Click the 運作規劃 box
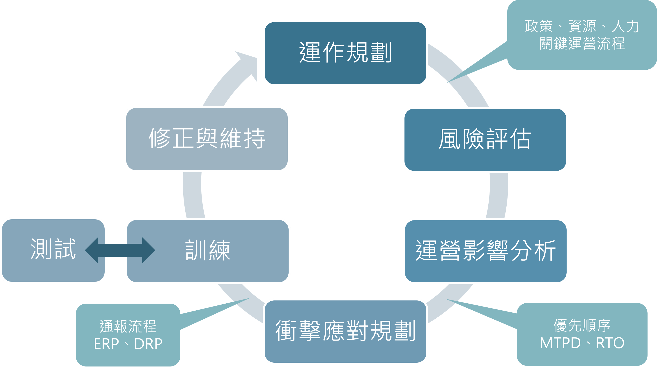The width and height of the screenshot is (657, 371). (345, 53)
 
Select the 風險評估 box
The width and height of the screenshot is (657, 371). (485, 140)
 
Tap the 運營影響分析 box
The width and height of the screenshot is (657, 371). (486, 251)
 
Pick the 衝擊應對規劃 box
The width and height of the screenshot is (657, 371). (345, 331)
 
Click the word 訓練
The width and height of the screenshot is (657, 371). (208, 250)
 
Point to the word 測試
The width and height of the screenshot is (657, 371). (53, 249)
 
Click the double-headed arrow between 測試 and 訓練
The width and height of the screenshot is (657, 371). (120, 250)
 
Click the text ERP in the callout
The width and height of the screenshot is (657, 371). (106, 344)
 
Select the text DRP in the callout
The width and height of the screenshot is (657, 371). (148, 344)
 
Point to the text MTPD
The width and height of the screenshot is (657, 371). (560, 343)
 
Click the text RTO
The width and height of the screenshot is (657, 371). (610, 343)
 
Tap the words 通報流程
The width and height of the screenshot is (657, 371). (128, 327)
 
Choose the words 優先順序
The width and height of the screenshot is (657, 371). (582, 326)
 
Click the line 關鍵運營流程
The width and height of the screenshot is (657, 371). (582, 44)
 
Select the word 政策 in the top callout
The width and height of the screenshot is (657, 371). (539, 26)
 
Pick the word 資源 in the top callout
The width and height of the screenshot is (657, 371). (582, 26)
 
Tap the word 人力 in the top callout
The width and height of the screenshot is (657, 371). (625, 26)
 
